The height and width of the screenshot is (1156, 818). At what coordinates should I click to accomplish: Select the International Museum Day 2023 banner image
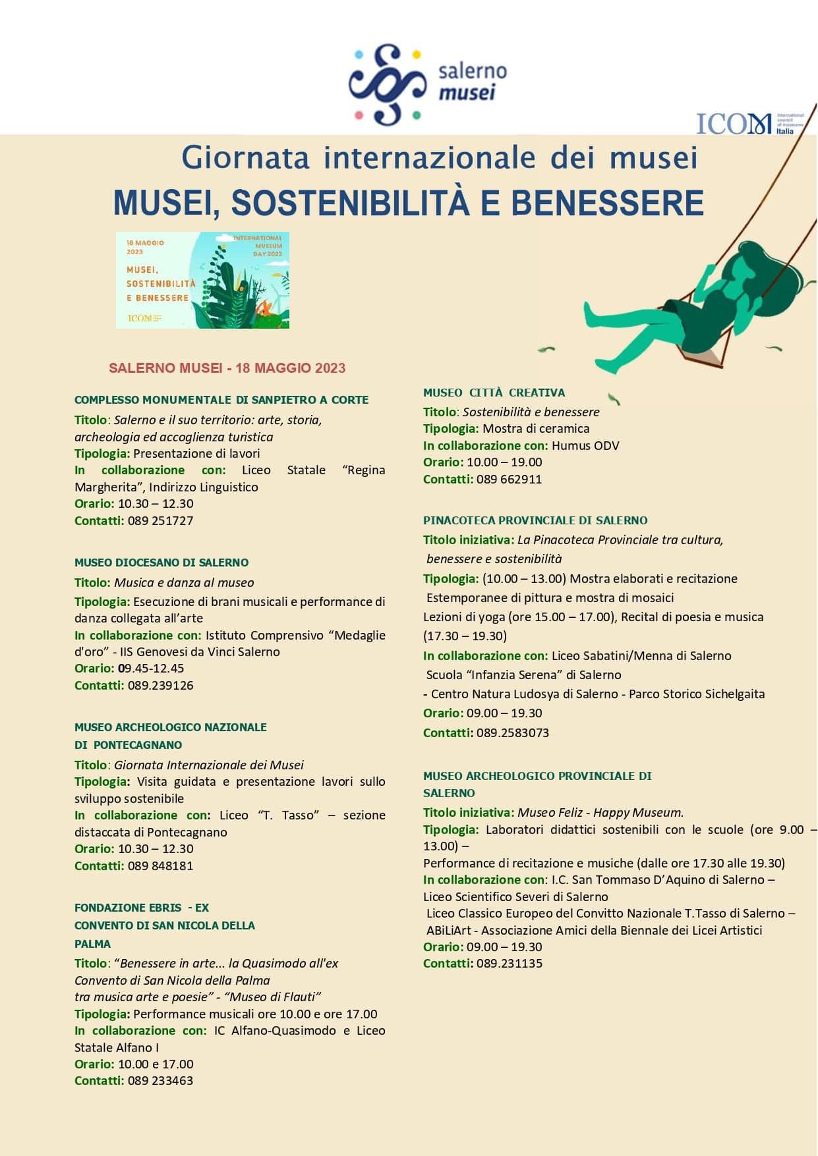[202, 280]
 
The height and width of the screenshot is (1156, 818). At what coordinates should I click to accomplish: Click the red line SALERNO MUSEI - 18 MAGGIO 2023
[227, 368]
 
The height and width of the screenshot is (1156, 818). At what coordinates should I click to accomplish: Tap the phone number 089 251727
[160, 520]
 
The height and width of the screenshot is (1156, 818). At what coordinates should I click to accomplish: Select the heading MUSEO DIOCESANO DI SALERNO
[161, 563]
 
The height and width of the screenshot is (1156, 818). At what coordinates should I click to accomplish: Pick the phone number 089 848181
[160, 866]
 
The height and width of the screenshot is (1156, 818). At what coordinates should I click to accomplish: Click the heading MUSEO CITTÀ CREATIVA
[494, 393]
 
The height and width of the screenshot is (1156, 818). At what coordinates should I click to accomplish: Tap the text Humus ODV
[585, 445]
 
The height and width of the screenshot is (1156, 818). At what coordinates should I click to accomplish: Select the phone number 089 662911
[509, 479]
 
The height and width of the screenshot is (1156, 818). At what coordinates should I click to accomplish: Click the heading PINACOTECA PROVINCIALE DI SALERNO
[535, 520]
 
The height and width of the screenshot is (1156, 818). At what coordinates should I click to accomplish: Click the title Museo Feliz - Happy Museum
[600, 812]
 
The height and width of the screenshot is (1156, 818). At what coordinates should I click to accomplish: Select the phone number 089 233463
[160, 1080]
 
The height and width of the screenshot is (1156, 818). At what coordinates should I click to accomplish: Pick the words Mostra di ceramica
[536, 428]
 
